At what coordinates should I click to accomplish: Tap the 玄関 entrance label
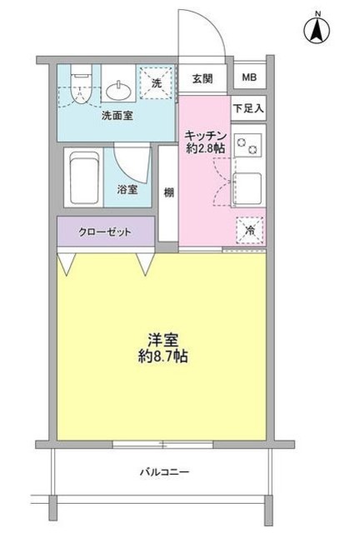click(202, 80)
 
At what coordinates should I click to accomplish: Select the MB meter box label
click(249, 79)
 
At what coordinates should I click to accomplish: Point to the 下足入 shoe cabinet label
click(248, 108)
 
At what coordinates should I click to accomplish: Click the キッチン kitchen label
click(206, 134)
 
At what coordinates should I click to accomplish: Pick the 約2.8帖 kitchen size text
click(206, 147)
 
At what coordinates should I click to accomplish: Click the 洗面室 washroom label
click(117, 116)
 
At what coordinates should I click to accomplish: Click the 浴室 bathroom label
click(127, 190)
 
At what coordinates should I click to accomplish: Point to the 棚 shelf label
click(168, 192)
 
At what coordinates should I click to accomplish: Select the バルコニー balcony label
click(163, 472)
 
